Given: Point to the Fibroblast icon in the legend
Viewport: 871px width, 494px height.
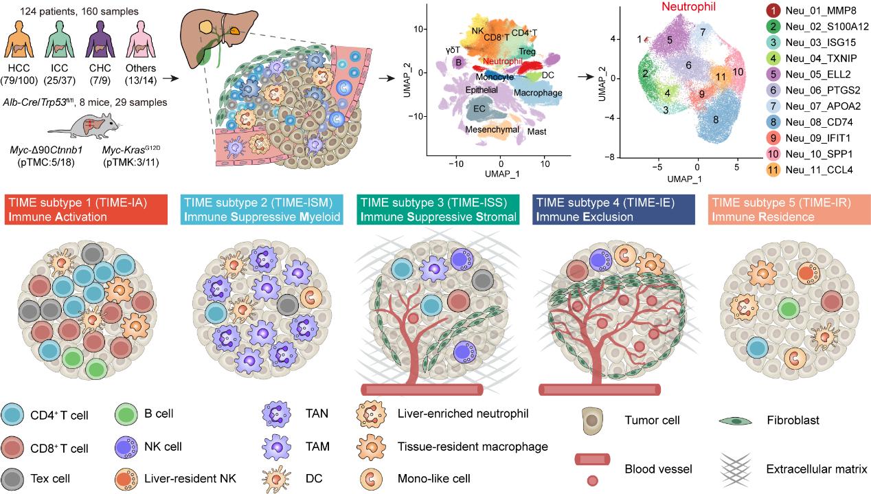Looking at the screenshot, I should (736, 418).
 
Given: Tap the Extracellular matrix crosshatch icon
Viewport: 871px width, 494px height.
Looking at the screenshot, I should (736, 470).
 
